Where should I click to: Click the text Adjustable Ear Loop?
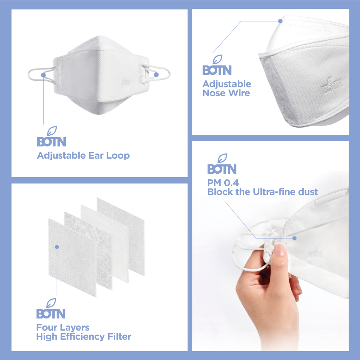click(x=83, y=155)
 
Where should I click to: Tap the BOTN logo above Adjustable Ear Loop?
click(x=51, y=140)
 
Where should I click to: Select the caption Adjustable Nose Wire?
click(x=227, y=89)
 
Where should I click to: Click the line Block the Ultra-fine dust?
click(x=262, y=192)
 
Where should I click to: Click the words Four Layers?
click(x=63, y=328)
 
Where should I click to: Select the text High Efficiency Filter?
click(x=84, y=336)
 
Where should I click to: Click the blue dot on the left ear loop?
click(x=43, y=75)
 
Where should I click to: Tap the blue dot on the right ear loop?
click(x=156, y=75)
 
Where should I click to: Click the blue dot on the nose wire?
click(x=280, y=21)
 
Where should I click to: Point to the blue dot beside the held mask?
click(x=294, y=238)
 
